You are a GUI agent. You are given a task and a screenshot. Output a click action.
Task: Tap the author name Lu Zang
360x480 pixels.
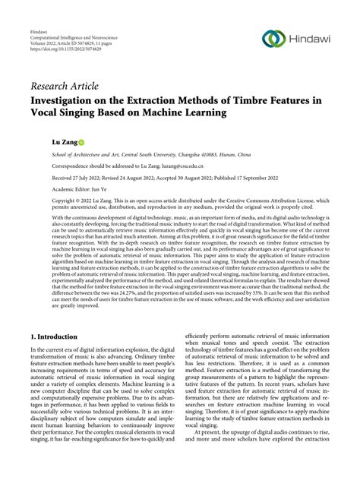[62, 142]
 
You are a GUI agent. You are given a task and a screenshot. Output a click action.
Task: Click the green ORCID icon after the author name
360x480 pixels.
[81, 142]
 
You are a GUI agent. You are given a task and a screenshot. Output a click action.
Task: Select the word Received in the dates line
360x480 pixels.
[64, 178]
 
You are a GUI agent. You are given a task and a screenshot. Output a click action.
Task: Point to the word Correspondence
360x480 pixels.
[70, 165]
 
